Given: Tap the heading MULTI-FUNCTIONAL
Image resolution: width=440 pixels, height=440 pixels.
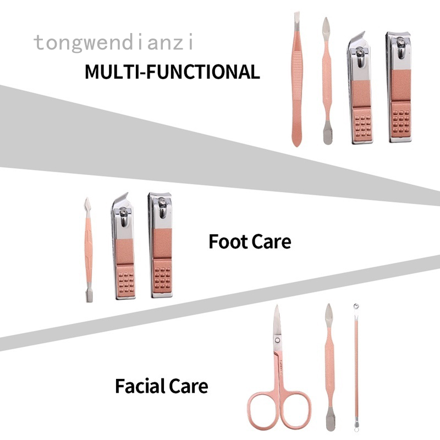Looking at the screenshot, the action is point(172,72).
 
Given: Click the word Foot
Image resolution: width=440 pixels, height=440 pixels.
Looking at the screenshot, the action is point(227,241).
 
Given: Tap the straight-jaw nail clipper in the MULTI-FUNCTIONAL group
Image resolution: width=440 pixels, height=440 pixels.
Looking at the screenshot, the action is point(399,88).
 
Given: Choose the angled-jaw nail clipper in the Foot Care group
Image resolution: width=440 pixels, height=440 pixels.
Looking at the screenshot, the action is point(123,248).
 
